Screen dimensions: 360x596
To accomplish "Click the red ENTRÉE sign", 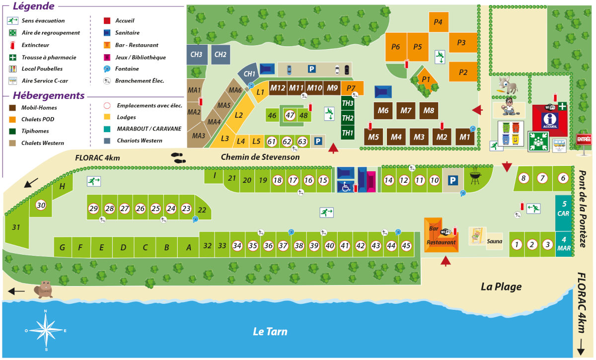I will point(584,140).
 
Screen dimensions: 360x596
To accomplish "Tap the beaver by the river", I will point(44,289).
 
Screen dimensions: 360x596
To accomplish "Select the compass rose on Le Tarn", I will point(46,330).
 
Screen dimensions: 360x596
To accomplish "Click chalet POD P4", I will point(438,22).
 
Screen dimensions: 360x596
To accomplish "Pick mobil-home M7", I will point(406,110).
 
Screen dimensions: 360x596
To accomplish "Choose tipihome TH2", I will point(348,118).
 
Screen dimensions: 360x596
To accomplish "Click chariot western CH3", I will point(196,54).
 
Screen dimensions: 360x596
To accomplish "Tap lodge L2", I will point(239,115).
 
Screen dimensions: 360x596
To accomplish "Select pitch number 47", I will point(290,116).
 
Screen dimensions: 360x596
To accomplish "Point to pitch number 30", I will point(41,206).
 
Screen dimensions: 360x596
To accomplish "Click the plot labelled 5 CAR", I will point(564,209).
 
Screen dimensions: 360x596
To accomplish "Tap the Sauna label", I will point(494,241).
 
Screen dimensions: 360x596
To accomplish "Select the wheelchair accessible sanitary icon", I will point(346,187).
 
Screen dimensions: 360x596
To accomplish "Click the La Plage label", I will point(501,287).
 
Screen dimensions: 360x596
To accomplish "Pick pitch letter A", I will point(188,247).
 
